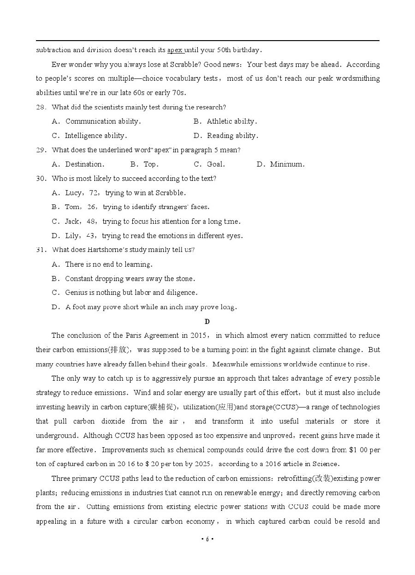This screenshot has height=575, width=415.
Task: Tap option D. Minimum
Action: click(x=280, y=164)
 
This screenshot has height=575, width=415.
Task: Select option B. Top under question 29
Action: click(x=144, y=164)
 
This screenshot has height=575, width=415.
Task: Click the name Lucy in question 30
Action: click(x=73, y=193)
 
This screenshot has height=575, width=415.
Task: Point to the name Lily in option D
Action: click(x=71, y=236)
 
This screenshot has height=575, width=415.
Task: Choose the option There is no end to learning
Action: click(x=108, y=264)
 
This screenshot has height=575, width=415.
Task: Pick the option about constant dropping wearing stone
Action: click(x=130, y=279)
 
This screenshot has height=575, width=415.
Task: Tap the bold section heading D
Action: click(x=207, y=322)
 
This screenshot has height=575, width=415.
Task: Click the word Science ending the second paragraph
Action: click(x=326, y=464)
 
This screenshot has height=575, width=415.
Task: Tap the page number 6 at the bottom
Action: click(x=207, y=539)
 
